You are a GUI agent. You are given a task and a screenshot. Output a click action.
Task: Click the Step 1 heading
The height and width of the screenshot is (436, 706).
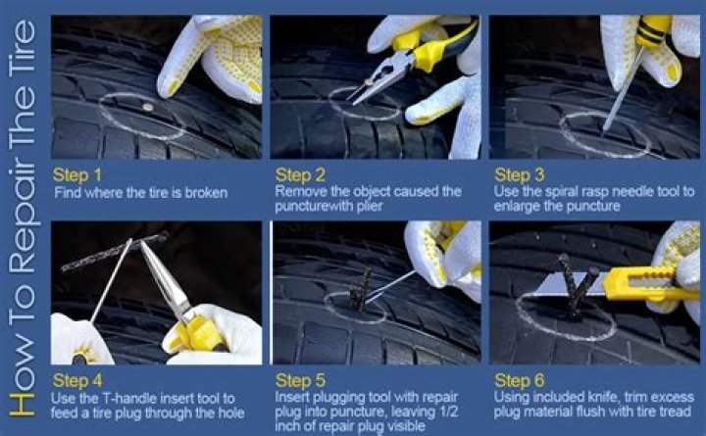coord(76,174)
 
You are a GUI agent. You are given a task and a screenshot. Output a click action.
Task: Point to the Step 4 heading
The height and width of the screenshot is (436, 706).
coord(76,380)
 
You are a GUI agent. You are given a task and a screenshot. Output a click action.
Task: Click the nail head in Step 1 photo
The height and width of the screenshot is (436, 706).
coord(147,106)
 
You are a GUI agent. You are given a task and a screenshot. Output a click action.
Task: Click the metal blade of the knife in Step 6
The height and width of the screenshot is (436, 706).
coord(569,284)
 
